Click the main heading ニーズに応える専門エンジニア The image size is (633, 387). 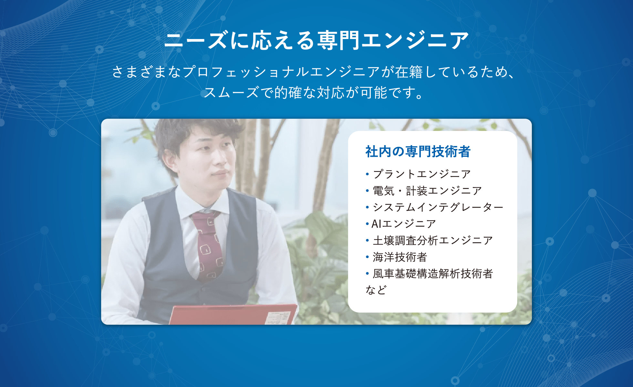pos(316,40)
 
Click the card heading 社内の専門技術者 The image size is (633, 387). pos(418,152)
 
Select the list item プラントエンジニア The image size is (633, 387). pos(422,174)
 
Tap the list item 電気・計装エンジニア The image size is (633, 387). pos(427,191)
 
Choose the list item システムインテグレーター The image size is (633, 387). pos(438,207)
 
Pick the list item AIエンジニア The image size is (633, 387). pos(404,224)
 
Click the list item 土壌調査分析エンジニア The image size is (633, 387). pos(433,240)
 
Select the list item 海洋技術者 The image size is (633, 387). pos(400,257)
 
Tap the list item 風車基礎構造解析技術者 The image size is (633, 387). pos(433,273)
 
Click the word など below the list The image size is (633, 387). pos(376,290)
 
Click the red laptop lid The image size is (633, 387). pos(233,315)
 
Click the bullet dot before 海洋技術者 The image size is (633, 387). pos(367,257)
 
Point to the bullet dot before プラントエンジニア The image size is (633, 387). pos(367,174)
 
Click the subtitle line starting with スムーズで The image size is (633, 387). pos(313,93)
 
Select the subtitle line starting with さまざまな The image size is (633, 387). pos(313,72)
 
